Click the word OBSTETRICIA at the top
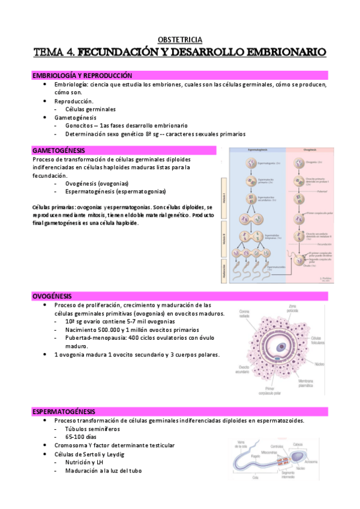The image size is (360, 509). click(x=180, y=38)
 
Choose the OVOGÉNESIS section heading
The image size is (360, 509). click(x=52, y=296)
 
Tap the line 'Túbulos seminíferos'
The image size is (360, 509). click(x=93, y=429)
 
